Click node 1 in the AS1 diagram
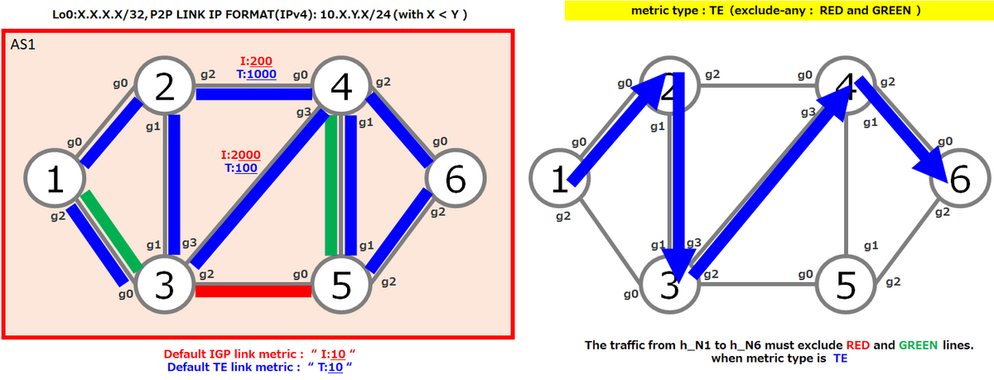[x=55, y=178]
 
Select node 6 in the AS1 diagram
[x=456, y=178]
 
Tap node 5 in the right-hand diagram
[x=846, y=284]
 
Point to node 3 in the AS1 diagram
[x=165, y=284]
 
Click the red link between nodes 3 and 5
[x=253, y=291]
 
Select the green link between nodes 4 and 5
[x=331, y=185]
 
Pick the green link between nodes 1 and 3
[x=111, y=232]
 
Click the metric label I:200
[x=256, y=60]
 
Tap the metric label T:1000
[x=257, y=74]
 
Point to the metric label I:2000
[x=241, y=155]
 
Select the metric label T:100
[x=241, y=168]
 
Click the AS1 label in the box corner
[x=22, y=45]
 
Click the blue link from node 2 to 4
[x=253, y=94]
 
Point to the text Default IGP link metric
[x=234, y=354]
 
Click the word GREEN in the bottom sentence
[x=918, y=345]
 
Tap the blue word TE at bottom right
[x=840, y=358]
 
